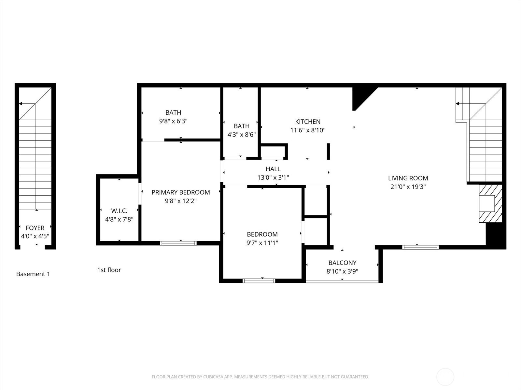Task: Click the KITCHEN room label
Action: pos(308,122)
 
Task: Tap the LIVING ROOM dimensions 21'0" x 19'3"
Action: pos(408,187)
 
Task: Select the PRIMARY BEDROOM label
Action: pos(181,192)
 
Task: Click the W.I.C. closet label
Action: pos(119,211)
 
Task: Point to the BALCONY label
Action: pos(342,263)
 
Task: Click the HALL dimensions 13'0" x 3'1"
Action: pos(273,177)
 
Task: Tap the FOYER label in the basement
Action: pos(35,228)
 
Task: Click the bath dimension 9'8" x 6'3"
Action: pos(173,121)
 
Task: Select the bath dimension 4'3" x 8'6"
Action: pos(241,135)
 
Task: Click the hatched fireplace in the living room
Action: pos(490,203)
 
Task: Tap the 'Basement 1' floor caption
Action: pos(33,274)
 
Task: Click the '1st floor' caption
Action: pos(109,270)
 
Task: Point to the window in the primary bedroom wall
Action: pos(178,243)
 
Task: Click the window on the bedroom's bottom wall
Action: pos(259,280)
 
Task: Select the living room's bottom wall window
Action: pos(420,247)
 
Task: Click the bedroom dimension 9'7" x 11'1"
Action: pos(262,243)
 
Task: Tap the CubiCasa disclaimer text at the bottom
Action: pos(260,377)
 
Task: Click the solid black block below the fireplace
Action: pos(495,235)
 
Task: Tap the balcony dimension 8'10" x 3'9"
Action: pos(342,271)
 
